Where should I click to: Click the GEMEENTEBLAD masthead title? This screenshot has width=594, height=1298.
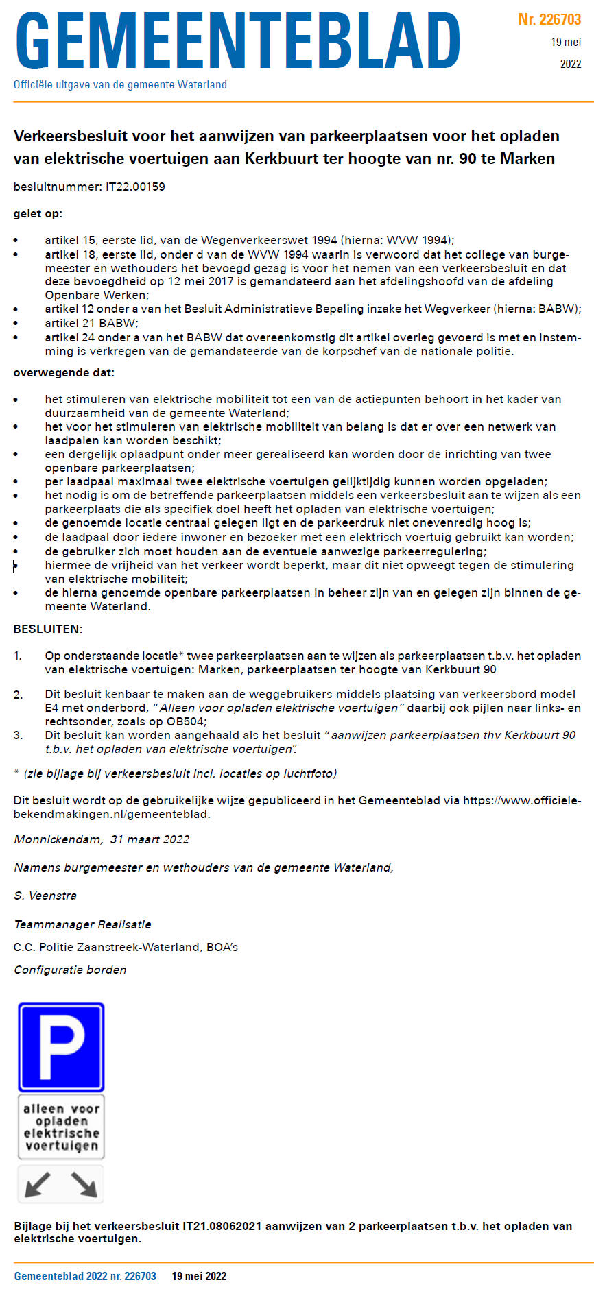coord(237,41)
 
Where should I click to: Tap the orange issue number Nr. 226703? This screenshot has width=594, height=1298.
coord(549,19)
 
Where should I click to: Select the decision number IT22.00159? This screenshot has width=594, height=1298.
coord(135,187)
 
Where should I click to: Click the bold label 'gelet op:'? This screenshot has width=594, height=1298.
coord(38,213)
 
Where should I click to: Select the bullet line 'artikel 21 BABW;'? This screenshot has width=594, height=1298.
coord(91,323)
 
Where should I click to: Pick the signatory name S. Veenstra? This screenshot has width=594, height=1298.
coord(45,896)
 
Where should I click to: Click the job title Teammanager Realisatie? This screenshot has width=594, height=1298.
coord(82,924)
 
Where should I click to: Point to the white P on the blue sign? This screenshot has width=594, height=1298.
coord(61,1046)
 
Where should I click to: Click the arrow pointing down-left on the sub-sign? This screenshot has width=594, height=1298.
coord(37,1184)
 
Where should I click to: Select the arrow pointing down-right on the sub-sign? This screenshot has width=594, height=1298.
coord(84,1184)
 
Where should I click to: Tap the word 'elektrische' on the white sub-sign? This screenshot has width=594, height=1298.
coord(61,1133)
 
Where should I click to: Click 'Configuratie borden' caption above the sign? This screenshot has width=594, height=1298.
coord(70,970)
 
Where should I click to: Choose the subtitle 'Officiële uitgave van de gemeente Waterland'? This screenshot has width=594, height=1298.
coord(120,85)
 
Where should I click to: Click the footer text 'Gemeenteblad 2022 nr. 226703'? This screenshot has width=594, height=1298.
coord(85,1276)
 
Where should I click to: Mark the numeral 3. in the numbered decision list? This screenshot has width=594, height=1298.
coord(19,735)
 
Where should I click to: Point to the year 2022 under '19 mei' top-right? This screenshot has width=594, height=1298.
coord(570,64)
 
